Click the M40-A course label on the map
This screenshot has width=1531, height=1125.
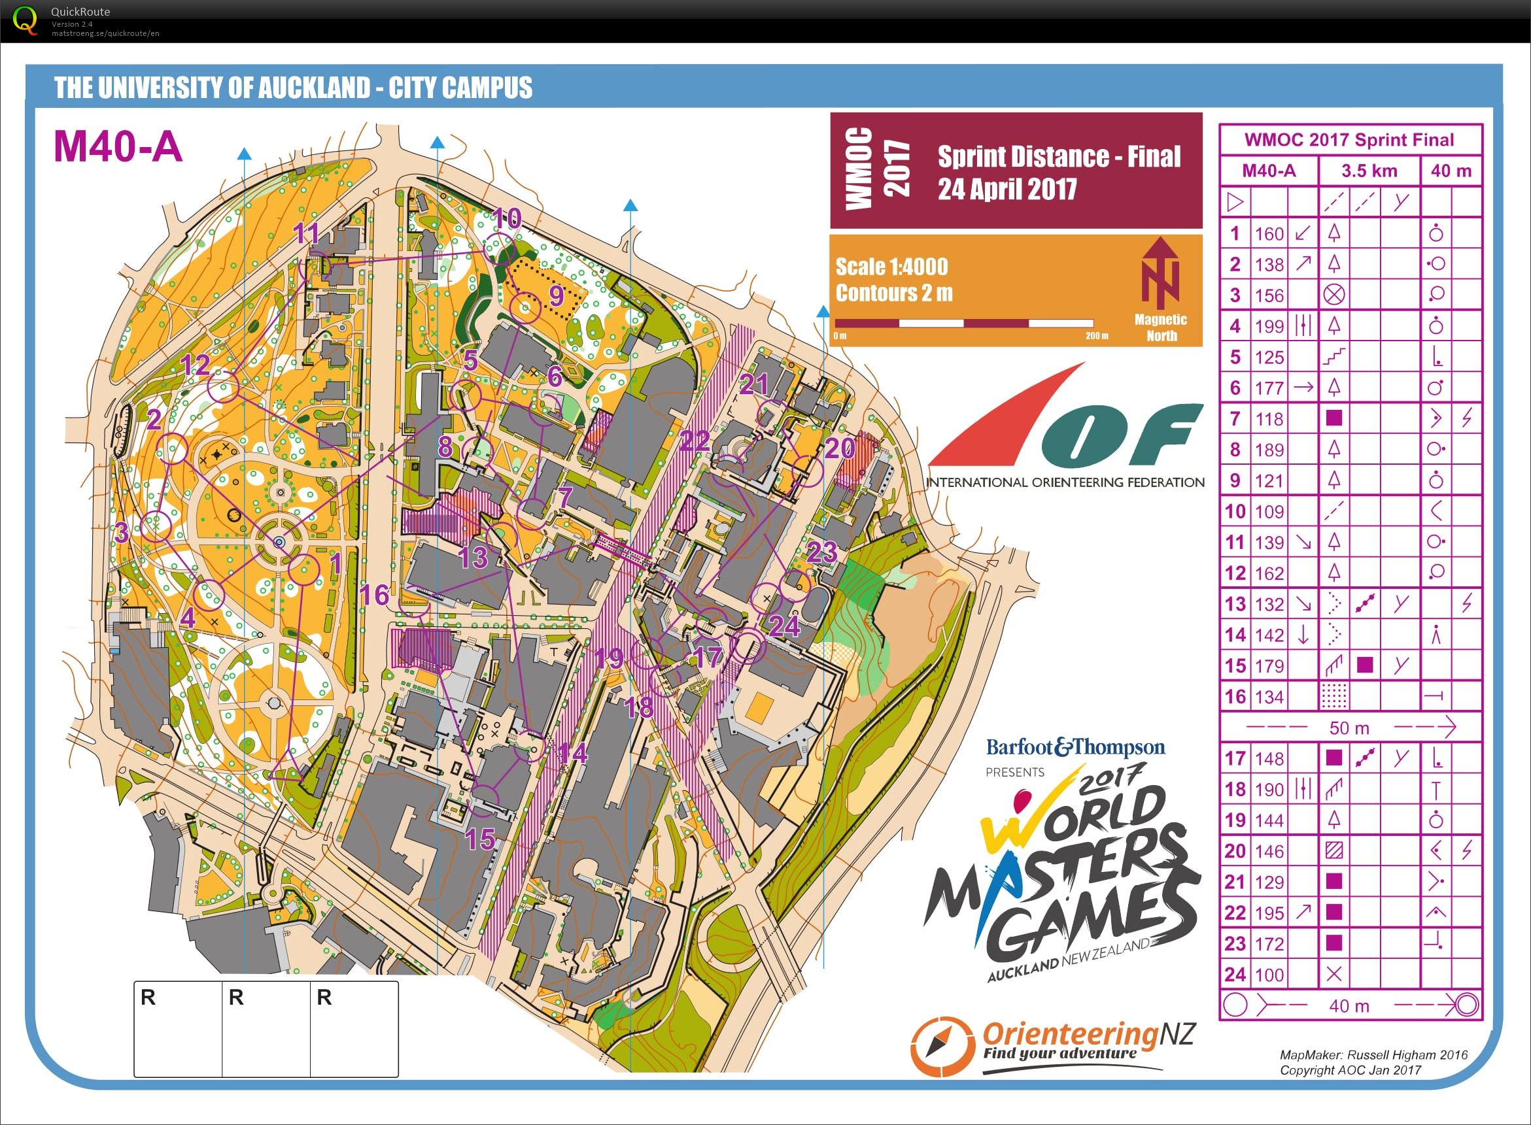click(x=118, y=146)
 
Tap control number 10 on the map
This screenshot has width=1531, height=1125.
click(x=506, y=218)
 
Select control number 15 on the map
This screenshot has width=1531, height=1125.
click(x=479, y=839)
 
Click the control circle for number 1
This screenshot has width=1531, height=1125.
click(x=304, y=570)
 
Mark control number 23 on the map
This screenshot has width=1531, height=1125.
click(x=821, y=552)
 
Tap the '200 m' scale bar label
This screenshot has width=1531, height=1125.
click(x=1096, y=336)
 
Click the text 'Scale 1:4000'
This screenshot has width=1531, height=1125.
click(x=891, y=266)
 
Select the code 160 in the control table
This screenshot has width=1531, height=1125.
click(x=1269, y=234)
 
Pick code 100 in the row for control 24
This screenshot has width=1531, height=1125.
click(x=1269, y=975)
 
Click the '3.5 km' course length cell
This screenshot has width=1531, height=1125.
click(x=1369, y=170)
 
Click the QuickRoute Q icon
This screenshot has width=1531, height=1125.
click(x=26, y=20)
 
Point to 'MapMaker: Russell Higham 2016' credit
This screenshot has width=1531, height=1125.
click(x=1373, y=1055)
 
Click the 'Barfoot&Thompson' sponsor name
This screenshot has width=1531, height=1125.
click(x=1075, y=748)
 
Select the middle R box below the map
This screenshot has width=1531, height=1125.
click(x=266, y=1028)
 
